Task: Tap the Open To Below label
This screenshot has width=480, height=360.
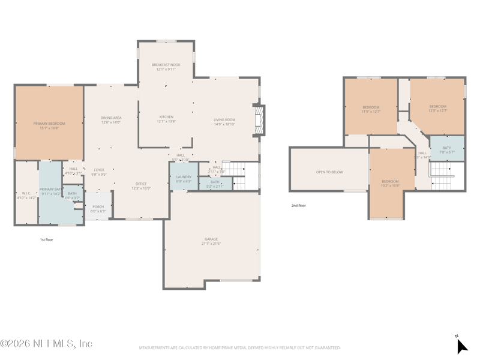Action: tap(329, 172)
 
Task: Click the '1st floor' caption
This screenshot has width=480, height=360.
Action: tap(46, 239)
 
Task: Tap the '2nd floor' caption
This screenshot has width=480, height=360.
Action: tap(299, 206)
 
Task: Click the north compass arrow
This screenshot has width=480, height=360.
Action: tap(461, 346)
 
